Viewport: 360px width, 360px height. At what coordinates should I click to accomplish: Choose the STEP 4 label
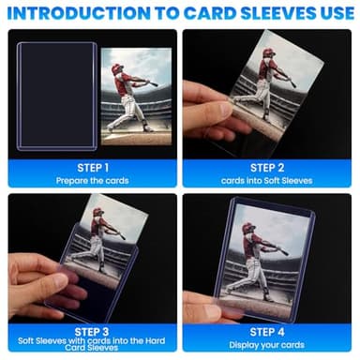270,330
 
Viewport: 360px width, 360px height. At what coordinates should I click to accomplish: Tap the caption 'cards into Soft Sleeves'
270,179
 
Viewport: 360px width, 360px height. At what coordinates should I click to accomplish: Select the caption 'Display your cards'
270,344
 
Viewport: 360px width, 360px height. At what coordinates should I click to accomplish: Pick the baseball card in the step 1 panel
135,96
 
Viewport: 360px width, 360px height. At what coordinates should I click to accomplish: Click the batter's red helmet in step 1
117,68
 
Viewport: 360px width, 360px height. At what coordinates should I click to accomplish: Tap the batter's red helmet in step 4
247,229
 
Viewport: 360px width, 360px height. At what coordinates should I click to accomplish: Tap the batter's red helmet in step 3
97,213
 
